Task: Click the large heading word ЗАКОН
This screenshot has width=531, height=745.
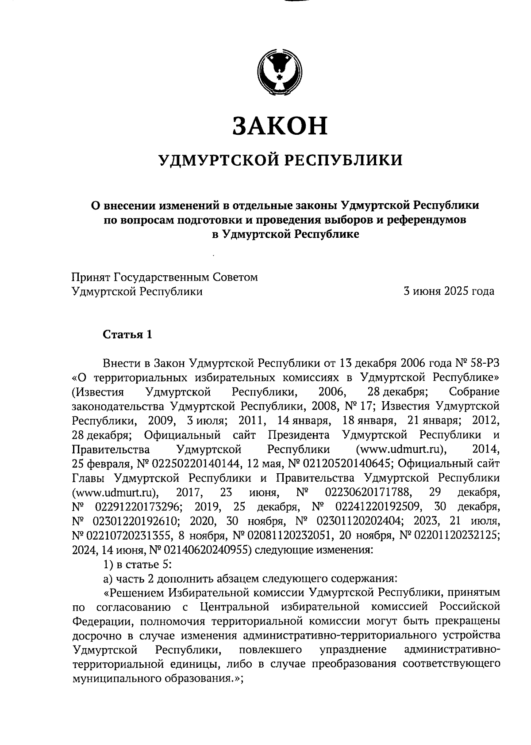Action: point(280,125)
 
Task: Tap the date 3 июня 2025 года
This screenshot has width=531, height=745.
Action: point(448,292)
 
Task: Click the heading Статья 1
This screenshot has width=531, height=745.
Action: point(127,334)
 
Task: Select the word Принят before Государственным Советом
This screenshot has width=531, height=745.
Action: point(91,277)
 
